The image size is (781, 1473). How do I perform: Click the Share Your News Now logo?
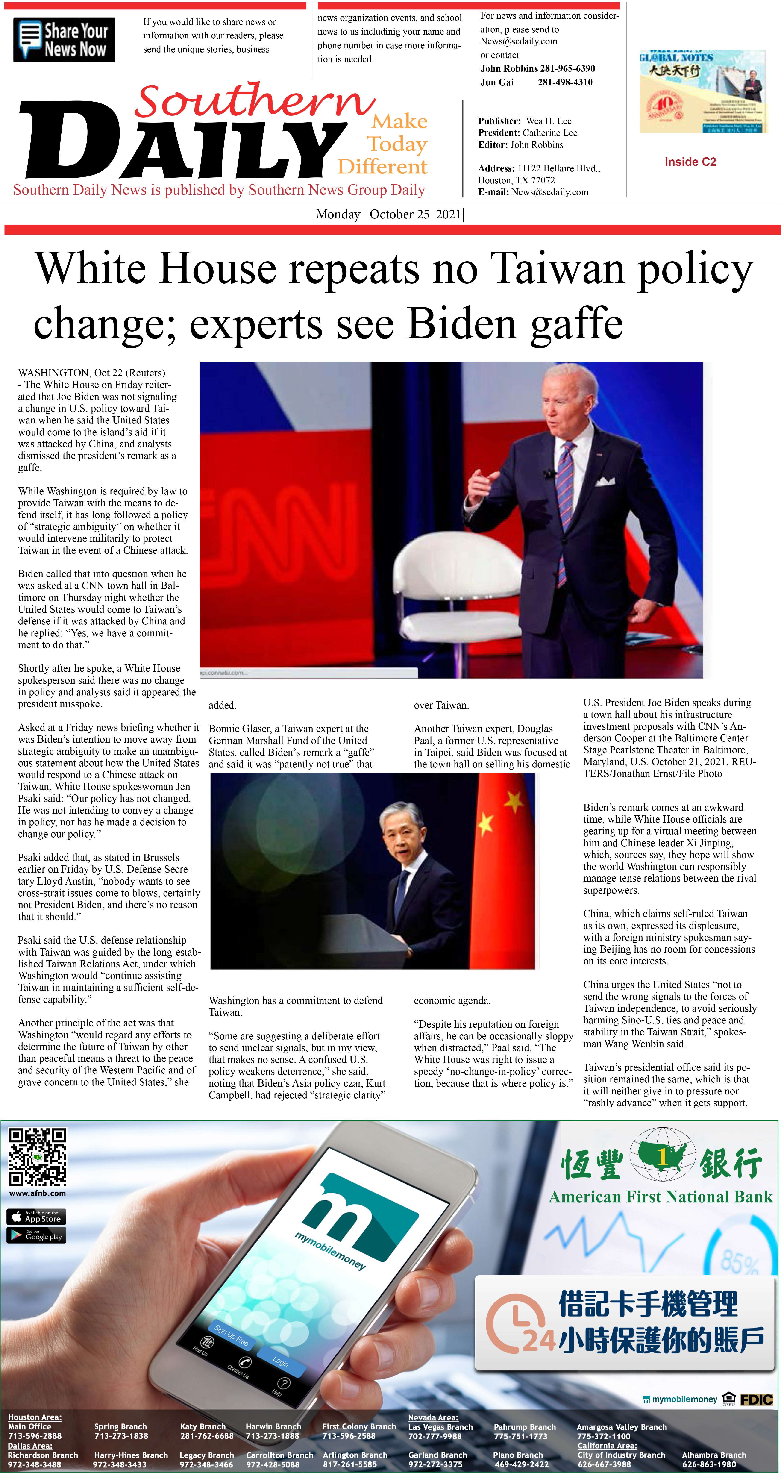(64, 40)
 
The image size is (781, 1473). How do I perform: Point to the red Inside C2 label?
(690, 162)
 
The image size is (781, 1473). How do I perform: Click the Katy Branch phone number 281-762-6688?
(207, 1436)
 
